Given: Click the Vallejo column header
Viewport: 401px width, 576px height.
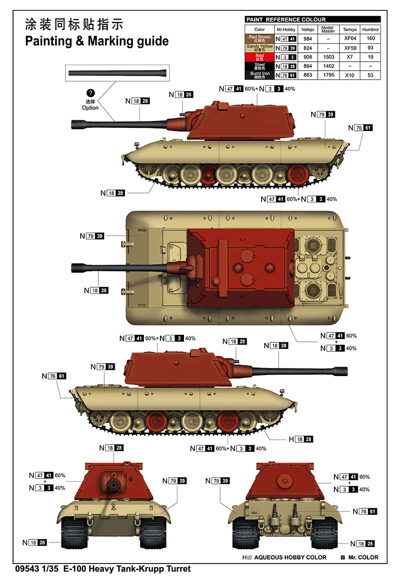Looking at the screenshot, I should [308, 30].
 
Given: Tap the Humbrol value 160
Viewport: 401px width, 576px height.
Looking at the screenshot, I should [371, 39].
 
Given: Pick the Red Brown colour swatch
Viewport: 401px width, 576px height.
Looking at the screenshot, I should [260, 39].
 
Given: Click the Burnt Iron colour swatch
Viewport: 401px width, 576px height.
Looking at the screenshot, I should [260, 75].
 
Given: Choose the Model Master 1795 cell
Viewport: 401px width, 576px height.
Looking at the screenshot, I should [328, 75].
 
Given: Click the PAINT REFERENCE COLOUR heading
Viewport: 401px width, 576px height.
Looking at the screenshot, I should [285, 20].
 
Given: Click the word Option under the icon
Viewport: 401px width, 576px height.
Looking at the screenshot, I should [90, 108].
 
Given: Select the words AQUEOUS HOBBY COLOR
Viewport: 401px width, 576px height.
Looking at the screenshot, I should [290, 557].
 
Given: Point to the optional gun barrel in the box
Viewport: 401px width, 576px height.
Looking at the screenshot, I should [118, 73].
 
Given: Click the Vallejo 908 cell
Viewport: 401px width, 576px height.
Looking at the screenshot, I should [308, 57].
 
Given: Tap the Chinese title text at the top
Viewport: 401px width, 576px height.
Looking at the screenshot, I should [74, 24].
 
